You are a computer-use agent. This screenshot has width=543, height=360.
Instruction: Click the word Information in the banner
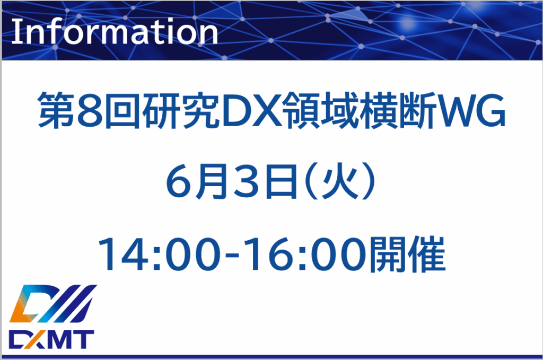115,32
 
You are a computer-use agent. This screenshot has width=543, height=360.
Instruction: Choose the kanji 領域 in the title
321,111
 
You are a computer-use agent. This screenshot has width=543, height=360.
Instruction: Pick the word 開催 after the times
407,254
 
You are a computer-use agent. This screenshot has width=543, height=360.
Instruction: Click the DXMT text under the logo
51,339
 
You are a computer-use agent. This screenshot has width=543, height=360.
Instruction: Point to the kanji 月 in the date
213,181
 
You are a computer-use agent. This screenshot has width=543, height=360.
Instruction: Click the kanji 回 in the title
122,111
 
